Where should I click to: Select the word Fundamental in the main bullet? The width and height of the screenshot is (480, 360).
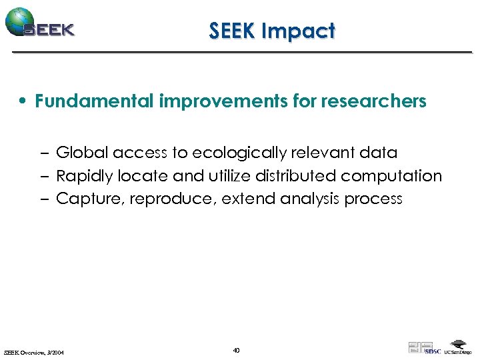click(95, 101)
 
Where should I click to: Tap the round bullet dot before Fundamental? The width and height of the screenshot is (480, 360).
click(23, 101)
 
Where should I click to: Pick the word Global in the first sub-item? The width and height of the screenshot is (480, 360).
click(83, 153)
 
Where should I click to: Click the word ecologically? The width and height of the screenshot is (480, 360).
click(244, 153)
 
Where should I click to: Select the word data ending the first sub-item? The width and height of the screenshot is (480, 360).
click(377, 153)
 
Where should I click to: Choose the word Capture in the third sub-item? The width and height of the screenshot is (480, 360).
click(84, 199)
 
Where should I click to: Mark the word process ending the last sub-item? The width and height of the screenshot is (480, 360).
click(373, 199)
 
